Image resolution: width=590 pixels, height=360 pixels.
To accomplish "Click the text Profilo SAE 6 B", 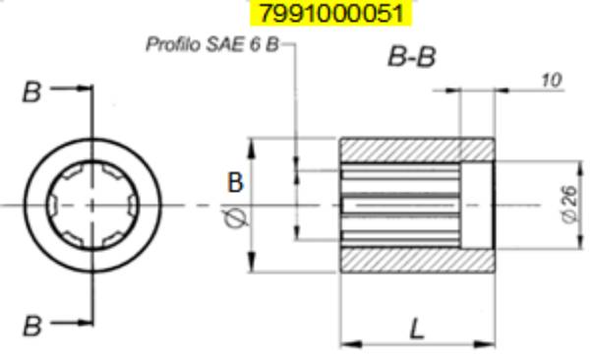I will pyautogui.click(x=211, y=45).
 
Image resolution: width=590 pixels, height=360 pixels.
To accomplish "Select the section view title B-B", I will pyautogui.click(x=411, y=56).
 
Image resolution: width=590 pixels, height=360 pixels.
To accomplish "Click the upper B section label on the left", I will pyautogui.click(x=32, y=93).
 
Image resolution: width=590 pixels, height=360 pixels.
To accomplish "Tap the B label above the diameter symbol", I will pyautogui.click(x=235, y=182).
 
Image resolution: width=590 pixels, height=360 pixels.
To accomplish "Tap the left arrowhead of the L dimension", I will pyautogui.click(x=346, y=343).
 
